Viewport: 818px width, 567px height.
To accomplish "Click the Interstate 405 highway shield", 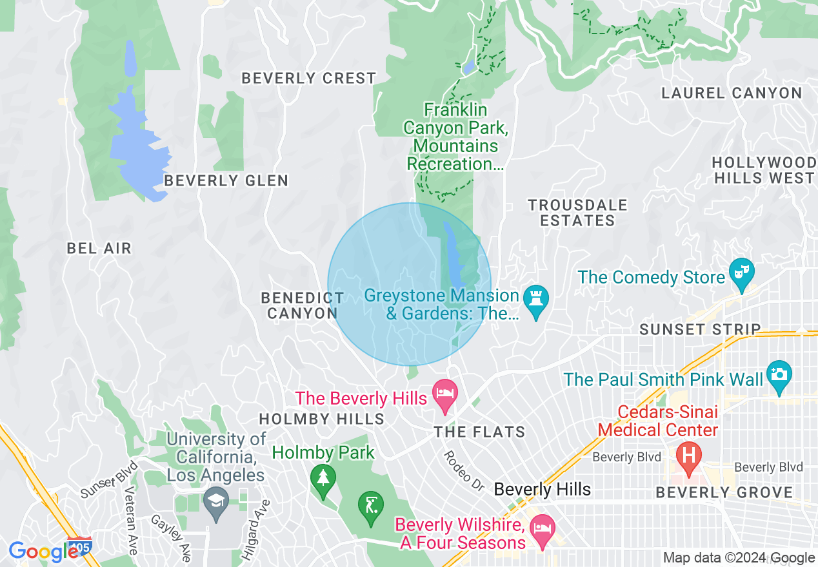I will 78,545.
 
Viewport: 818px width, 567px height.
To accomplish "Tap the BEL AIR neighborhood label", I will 99,248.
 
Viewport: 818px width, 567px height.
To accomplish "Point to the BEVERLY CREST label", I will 308,79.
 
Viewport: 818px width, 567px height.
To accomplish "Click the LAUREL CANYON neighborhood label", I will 732,93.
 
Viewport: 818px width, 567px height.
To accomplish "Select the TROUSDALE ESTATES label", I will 577,213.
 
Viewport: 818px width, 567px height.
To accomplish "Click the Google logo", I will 43,552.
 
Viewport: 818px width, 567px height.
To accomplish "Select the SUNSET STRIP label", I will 700,329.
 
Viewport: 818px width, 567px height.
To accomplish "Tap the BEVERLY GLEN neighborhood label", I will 226,180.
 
